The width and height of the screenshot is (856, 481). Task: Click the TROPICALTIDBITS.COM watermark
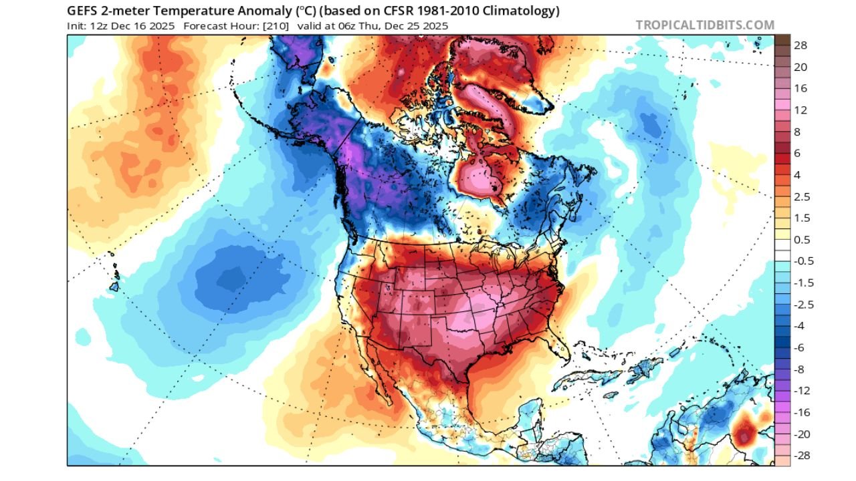pyautogui.click(x=705, y=25)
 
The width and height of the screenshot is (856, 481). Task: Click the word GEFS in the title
pyautogui.click(x=84, y=11)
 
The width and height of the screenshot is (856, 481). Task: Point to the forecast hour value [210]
pyautogui.click(x=275, y=26)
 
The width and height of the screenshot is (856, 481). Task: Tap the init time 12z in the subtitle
pyautogui.click(x=94, y=26)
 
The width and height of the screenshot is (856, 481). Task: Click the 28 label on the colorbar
pyautogui.click(x=800, y=45)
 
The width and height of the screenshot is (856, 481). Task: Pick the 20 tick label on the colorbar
pyautogui.click(x=800, y=67)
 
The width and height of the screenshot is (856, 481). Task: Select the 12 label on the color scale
pyautogui.click(x=800, y=110)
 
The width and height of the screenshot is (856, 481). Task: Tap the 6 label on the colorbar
pyautogui.click(x=798, y=154)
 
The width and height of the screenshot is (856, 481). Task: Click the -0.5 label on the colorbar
pyautogui.click(x=803, y=261)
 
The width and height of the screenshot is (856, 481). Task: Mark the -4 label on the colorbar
pyautogui.click(x=800, y=326)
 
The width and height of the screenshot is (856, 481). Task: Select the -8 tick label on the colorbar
pyautogui.click(x=800, y=369)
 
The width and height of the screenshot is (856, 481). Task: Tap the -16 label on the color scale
pyautogui.click(x=802, y=412)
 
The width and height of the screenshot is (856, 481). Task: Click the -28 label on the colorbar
pyautogui.click(x=802, y=456)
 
